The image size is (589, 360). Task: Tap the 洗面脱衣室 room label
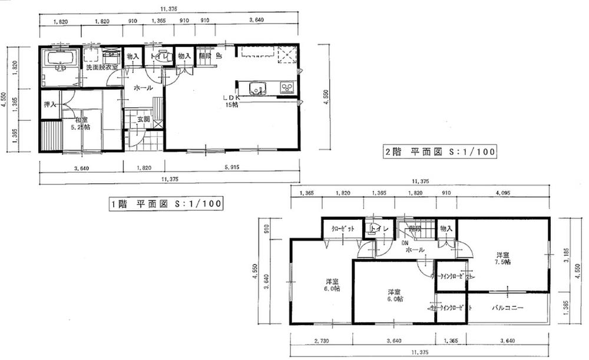pyautogui.click(x=101, y=68)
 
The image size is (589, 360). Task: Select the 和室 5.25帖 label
pyautogui.click(x=81, y=123)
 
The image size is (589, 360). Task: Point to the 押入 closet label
pyautogui.click(x=50, y=104)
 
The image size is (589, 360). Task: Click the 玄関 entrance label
pyautogui.click(x=144, y=119)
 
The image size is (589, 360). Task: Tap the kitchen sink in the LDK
pyautogui.click(x=257, y=89)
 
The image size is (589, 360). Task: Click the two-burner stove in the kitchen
pyautogui.click(x=287, y=88)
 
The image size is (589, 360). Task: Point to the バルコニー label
pyautogui.click(x=508, y=308)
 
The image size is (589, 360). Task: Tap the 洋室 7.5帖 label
pyautogui.click(x=502, y=258)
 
